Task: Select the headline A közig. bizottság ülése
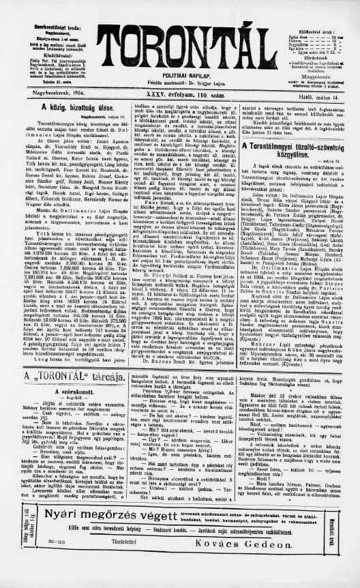pos(57,107)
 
